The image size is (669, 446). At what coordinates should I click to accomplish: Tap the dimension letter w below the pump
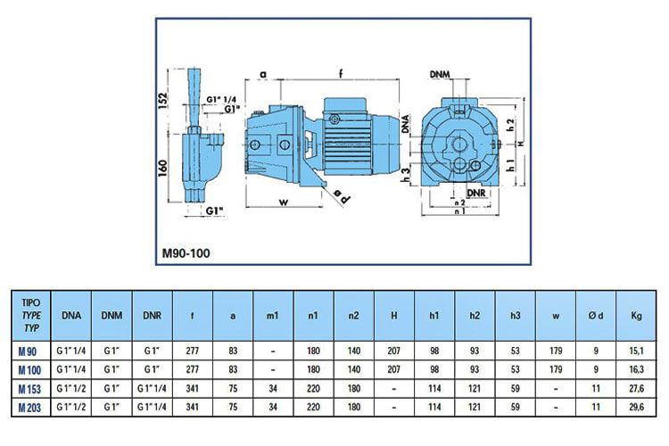282,202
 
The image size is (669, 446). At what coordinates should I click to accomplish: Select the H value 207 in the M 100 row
393,368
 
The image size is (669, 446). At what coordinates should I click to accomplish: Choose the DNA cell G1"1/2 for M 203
70,408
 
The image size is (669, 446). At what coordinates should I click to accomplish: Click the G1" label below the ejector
213,211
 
